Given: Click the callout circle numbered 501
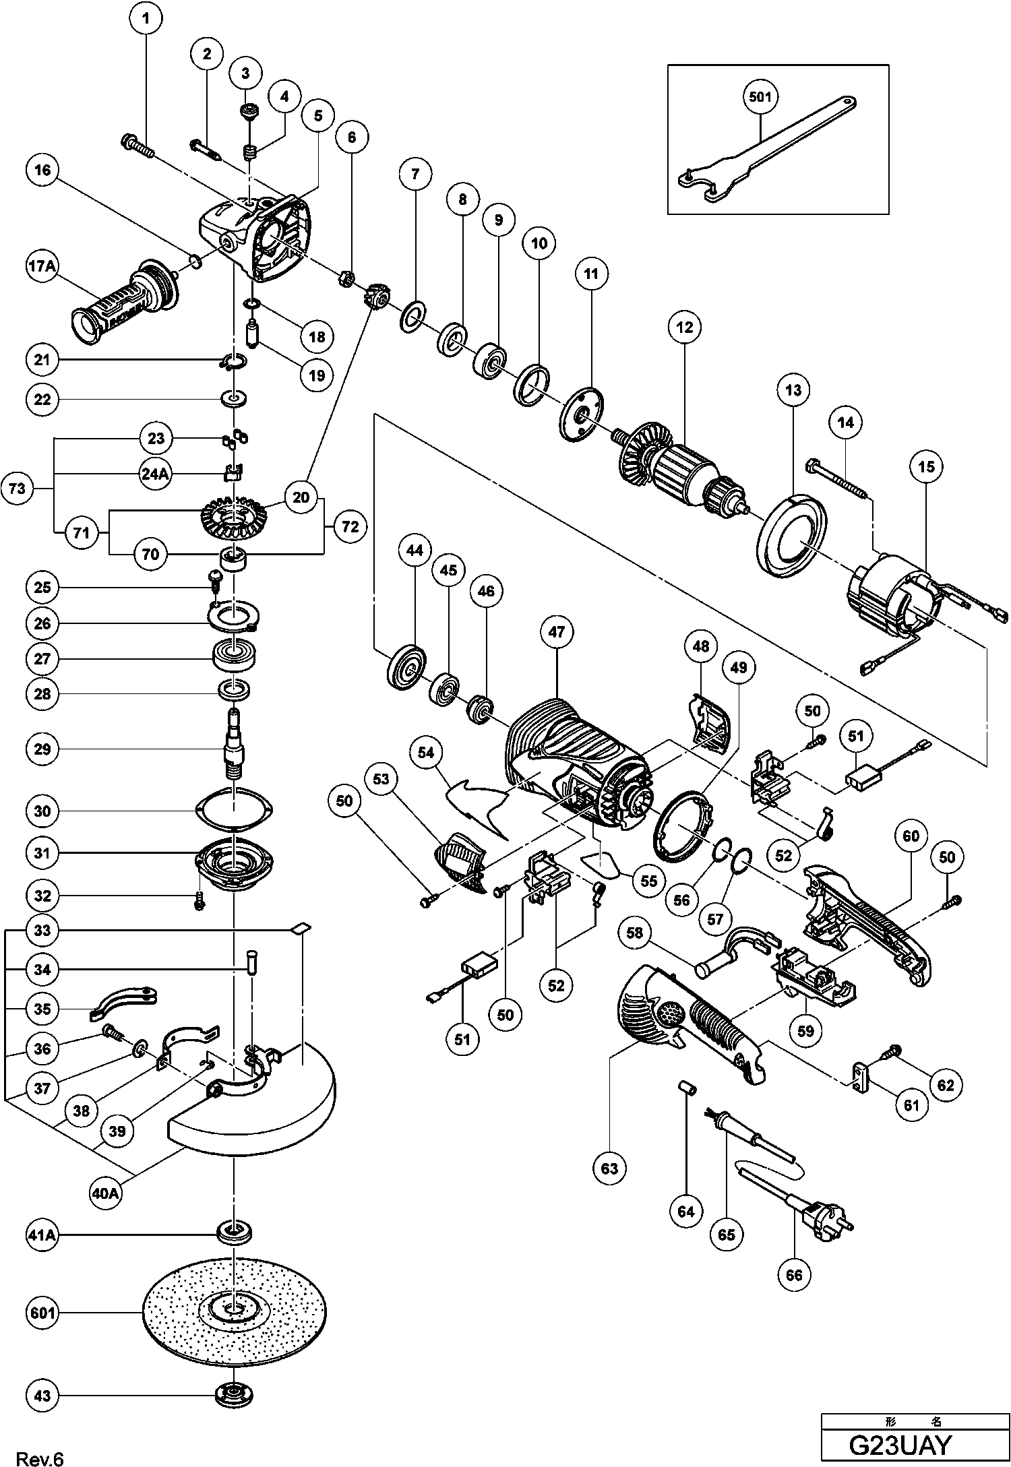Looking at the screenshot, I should [x=760, y=97].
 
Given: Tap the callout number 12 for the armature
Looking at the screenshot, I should [x=685, y=327].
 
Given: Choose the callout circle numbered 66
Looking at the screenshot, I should [x=795, y=1275].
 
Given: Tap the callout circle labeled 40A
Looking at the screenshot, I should [x=106, y=1193].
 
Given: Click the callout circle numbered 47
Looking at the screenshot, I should [x=557, y=632].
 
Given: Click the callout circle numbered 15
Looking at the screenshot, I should [x=927, y=466].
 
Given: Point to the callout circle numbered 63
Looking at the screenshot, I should [x=609, y=1168].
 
